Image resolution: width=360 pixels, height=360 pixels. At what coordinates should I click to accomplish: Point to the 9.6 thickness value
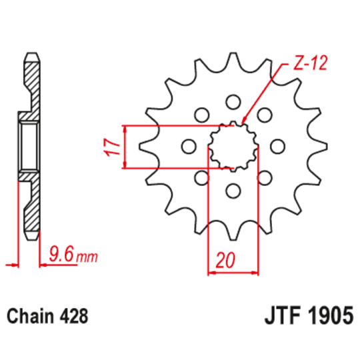(61, 253)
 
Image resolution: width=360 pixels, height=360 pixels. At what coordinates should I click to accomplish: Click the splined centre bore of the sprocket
(232, 145)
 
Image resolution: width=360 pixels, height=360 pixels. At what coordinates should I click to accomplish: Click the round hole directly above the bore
(232, 101)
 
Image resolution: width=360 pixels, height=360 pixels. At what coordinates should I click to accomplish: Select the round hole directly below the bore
(232, 191)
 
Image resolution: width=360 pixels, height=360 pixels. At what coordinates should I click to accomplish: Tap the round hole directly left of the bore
(187, 146)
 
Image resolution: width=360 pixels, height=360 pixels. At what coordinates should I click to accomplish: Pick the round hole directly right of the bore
(277, 146)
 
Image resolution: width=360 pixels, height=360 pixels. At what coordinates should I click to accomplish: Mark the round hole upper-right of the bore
(264, 114)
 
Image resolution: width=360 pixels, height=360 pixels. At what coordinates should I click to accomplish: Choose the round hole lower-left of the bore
(201, 177)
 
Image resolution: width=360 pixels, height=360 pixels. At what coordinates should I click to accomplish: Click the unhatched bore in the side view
(29, 145)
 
